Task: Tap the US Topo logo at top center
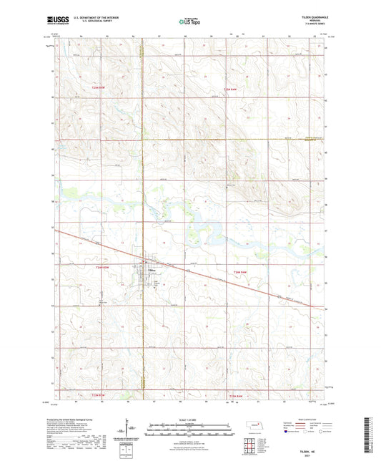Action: tap(189, 21)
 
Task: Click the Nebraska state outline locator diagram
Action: tap(259, 427)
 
